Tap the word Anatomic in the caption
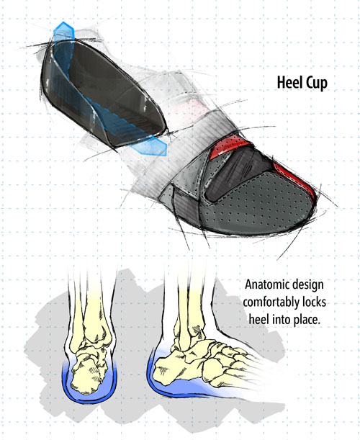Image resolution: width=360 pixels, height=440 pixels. [x=264, y=284]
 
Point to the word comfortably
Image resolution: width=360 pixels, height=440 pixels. [x=271, y=302]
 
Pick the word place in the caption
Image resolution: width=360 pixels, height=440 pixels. [x=307, y=320]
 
